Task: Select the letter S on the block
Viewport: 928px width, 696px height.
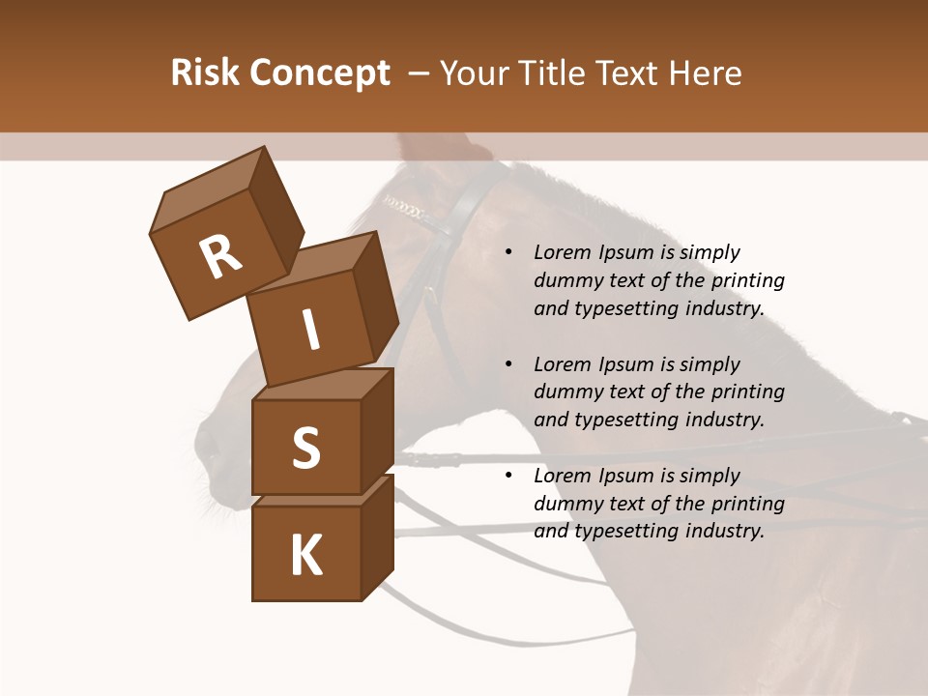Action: tap(305, 448)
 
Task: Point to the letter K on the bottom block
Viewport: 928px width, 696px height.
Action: tap(305, 556)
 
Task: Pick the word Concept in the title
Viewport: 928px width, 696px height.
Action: tap(318, 73)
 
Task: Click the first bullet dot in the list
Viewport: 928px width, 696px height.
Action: tap(508, 253)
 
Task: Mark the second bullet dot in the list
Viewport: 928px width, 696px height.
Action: tap(508, 365)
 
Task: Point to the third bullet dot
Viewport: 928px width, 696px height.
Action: tap(508, 477)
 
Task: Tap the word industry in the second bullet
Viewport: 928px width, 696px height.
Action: tap(724, 420)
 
